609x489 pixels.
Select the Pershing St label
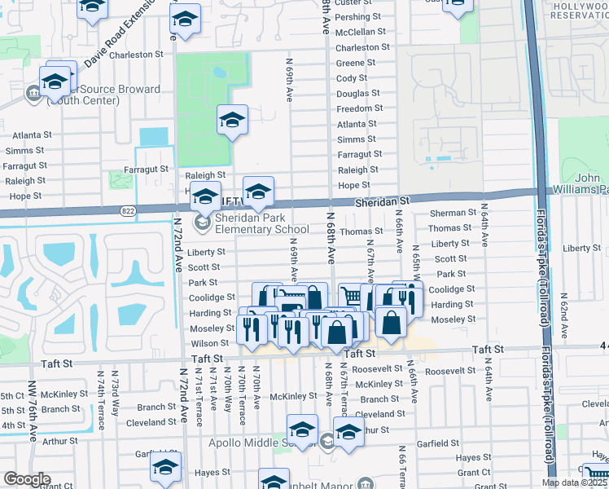click(353, 17)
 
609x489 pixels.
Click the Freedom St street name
click(359, 108)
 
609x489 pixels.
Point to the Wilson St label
click(210, 344)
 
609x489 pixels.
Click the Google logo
click(27, 478)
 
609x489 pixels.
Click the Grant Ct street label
click(472, 472)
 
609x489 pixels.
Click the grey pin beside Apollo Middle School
click(326, 442)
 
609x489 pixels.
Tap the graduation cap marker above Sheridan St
click(259, 192)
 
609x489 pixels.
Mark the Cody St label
click(352, 78)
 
